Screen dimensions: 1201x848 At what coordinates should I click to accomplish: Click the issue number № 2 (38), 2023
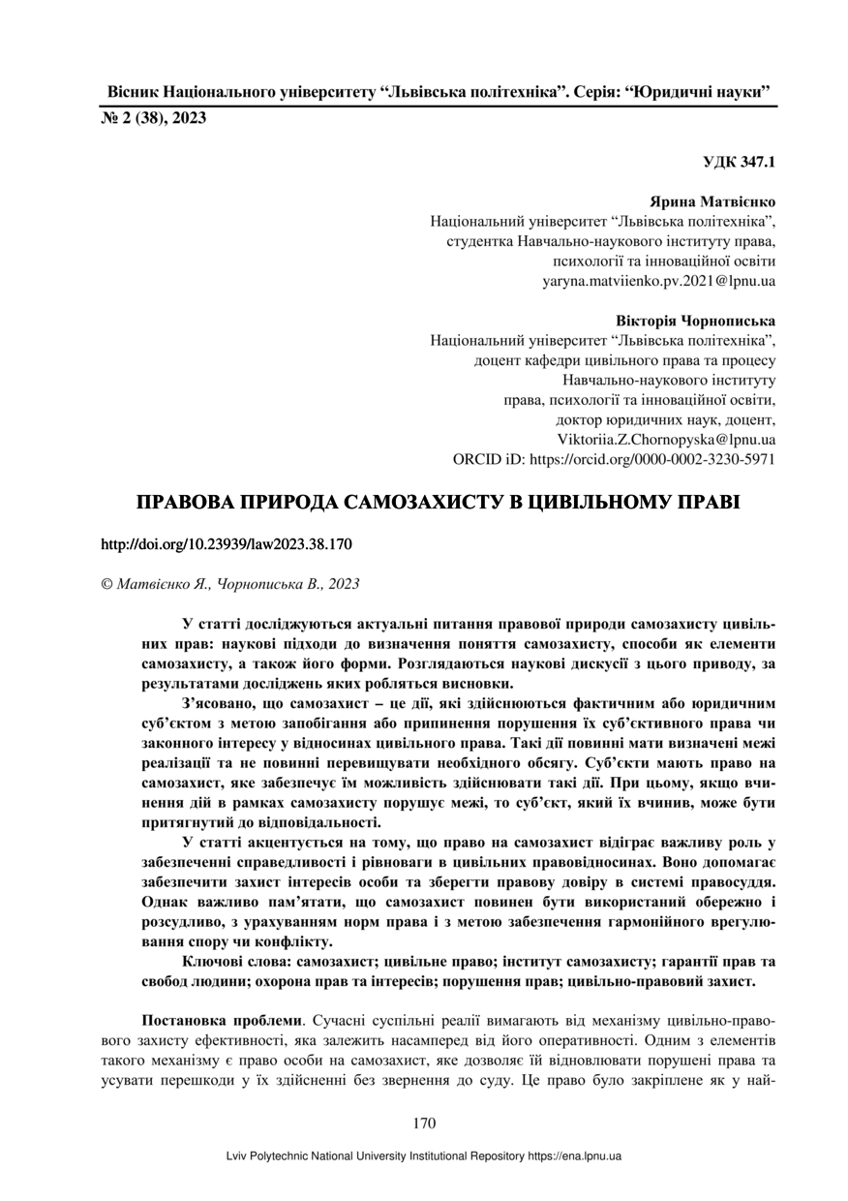click(153, 118)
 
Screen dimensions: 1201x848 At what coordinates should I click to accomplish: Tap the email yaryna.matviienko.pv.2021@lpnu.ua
click(658, 281)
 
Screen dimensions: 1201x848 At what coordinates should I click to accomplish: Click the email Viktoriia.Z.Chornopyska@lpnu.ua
click(666, 440)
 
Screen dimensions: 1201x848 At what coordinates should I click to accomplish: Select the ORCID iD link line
click(614, 460)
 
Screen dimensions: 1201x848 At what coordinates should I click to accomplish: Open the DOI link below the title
click(227, 544)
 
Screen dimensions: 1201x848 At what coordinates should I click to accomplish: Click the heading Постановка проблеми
click(222, 1020)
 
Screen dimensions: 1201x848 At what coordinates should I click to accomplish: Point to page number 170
click(424, 1124)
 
